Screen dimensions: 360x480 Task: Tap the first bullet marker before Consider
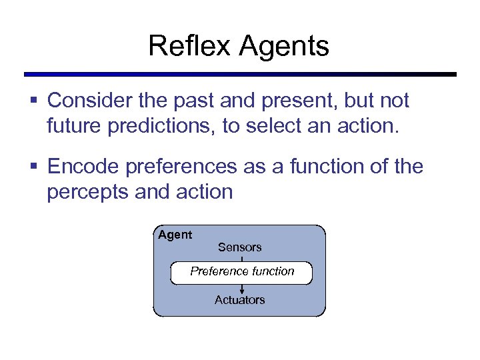tap(34, 101)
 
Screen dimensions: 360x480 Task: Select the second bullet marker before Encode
tap(34, 167)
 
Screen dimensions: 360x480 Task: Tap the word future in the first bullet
tap(71, 126)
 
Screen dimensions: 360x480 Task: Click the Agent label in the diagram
tap(175, 235)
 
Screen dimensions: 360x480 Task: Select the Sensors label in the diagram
tap(239, 247)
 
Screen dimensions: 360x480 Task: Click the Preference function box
tap(241, 272)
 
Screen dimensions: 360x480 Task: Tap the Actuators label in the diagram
tap(239, 300)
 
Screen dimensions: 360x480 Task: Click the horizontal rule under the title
tap(240, 74)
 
